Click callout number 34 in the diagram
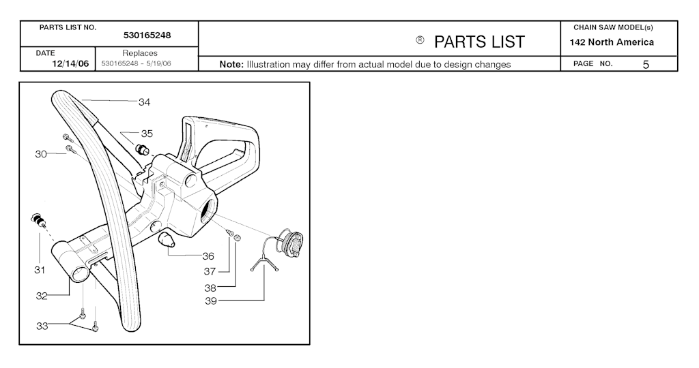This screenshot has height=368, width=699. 145,102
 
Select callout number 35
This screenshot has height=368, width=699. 147,134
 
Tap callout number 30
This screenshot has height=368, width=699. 41,154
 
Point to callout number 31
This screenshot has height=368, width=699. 40,270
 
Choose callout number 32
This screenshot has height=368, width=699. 42,296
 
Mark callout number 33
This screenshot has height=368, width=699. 42,326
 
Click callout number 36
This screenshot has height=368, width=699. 208,256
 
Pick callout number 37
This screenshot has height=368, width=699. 210,271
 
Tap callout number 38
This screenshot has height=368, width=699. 210,288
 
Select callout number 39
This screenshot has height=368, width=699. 211,301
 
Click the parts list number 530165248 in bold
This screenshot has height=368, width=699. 147,35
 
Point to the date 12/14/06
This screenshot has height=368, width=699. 70,63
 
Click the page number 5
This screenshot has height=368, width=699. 646,65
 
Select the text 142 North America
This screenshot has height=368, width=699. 612,42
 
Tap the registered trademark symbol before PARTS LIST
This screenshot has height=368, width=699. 420,40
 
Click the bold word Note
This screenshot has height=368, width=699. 231,65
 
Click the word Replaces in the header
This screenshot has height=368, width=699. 140,53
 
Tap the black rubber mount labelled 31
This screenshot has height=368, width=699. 38,220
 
